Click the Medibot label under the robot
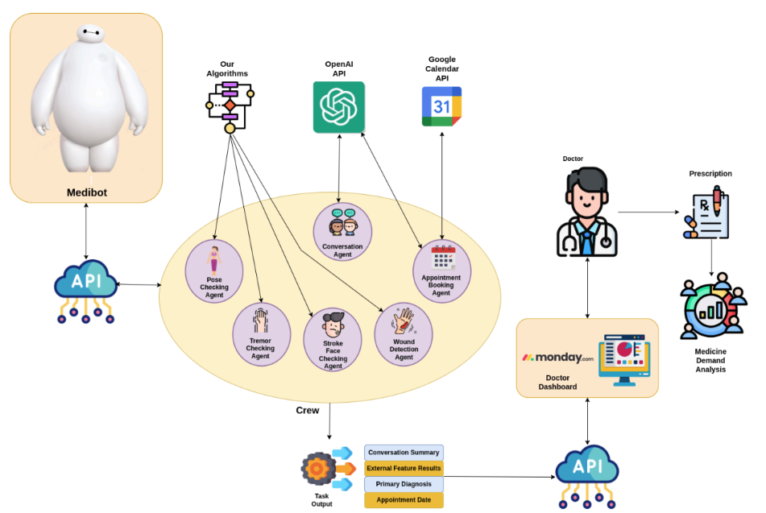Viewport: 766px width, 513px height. [x=86, y=192]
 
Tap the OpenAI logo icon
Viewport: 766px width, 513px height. [x=338, y=107]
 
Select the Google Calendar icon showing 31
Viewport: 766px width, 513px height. [x=441, y=106]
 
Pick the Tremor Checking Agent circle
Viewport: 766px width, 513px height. [x=261, y=334]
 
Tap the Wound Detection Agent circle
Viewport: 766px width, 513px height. [x=404, y=333]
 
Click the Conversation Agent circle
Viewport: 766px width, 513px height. [x=342, y=232]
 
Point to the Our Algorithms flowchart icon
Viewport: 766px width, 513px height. [x=230, y=105]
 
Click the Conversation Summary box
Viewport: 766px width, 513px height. [x=404, y=453]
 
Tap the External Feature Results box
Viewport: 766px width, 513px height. [x=404, y=468]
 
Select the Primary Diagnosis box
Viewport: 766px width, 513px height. [x=404, y=484]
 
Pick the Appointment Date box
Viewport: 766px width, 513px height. [x=404, y=500]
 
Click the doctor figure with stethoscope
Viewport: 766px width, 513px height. [x=587, y=213]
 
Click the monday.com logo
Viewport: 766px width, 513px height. [x=557, y=358]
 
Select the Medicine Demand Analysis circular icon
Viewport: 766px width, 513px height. [x=710, y=308]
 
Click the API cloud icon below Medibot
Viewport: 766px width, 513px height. [x=85, y=287]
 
